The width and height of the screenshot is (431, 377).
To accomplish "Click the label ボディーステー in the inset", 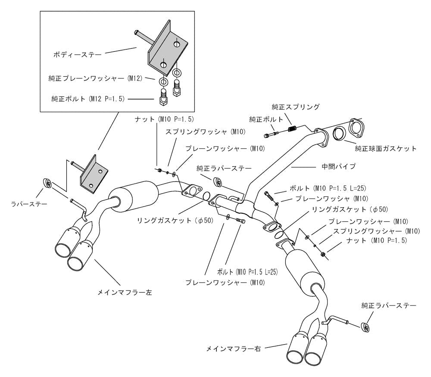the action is (78, 55).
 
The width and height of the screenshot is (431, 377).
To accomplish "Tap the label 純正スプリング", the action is (296, 106).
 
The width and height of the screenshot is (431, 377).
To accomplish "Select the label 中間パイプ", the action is (339, 166).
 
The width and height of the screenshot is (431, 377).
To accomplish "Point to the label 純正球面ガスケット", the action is (386, 149).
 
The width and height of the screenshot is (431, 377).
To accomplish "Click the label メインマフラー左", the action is (125, 293).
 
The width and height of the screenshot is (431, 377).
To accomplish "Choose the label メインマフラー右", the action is (233, 349).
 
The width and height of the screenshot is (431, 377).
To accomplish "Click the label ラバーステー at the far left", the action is (29, 204).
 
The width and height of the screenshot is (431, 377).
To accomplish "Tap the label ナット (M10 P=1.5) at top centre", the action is (164, 119).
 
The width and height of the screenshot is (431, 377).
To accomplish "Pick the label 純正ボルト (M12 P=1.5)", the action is (88, 99).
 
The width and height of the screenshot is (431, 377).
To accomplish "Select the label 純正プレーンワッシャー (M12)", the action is (96, 78).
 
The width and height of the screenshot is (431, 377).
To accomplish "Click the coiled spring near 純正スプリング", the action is (292, 128).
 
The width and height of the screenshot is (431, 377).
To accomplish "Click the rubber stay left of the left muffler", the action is (48, 182).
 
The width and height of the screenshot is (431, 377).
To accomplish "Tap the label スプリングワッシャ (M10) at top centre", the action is (205, 132).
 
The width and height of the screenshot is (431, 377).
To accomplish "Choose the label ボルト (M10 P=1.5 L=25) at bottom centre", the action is (247, 272).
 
